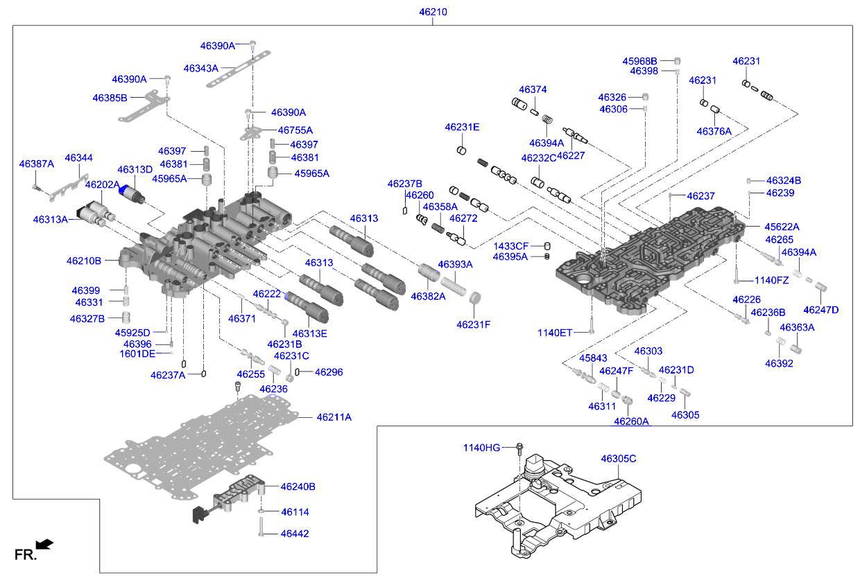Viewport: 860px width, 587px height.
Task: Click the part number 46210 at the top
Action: [433, 12]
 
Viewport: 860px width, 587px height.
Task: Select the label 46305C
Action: [618, 459]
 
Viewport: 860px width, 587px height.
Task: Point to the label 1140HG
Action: [481, 448]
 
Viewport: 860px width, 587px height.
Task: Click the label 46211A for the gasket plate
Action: [334, 417]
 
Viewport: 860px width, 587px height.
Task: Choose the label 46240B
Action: [298, 487]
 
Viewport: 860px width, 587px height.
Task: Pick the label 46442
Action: [295, 534]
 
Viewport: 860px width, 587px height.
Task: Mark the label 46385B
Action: [110, 98]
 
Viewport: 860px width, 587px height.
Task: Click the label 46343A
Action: [200, 68]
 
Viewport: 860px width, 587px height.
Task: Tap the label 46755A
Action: [295, 130]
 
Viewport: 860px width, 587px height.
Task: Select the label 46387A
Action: [36, 164]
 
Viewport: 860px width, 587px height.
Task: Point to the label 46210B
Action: [84, 261]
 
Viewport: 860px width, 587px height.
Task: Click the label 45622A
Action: [782, 227]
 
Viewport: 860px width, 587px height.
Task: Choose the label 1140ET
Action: [555, 333]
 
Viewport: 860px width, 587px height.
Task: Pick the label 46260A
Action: [631, 421]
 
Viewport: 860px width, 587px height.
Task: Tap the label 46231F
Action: [474, 324]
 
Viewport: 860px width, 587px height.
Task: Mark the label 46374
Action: [533, 89]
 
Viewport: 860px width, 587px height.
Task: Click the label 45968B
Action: [639, 60]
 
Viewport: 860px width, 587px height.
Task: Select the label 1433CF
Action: [510, 246]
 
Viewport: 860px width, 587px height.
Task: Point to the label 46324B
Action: [784, 180]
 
